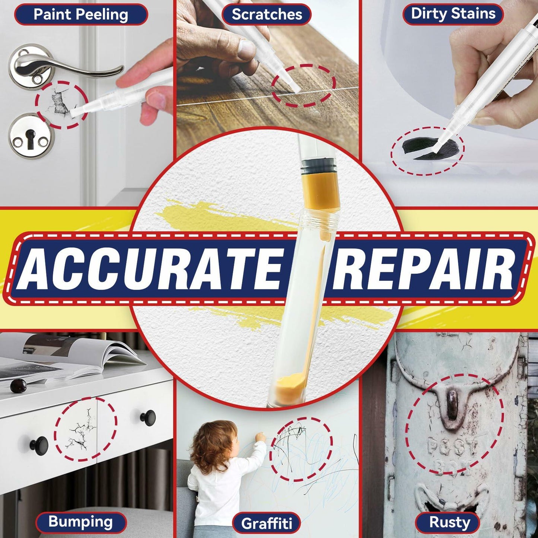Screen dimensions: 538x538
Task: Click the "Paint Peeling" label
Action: pyautogui.click(x=81, y=15)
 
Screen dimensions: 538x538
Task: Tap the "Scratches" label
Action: pyautogui.click(x=267, y=14)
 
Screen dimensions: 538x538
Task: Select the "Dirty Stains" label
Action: pyautogui.click(x=453, y=14)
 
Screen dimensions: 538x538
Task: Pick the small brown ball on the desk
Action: pyautogui.click(x=18, y=386)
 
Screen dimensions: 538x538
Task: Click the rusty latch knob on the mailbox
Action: pyautogui.click(x=452, y=401)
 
